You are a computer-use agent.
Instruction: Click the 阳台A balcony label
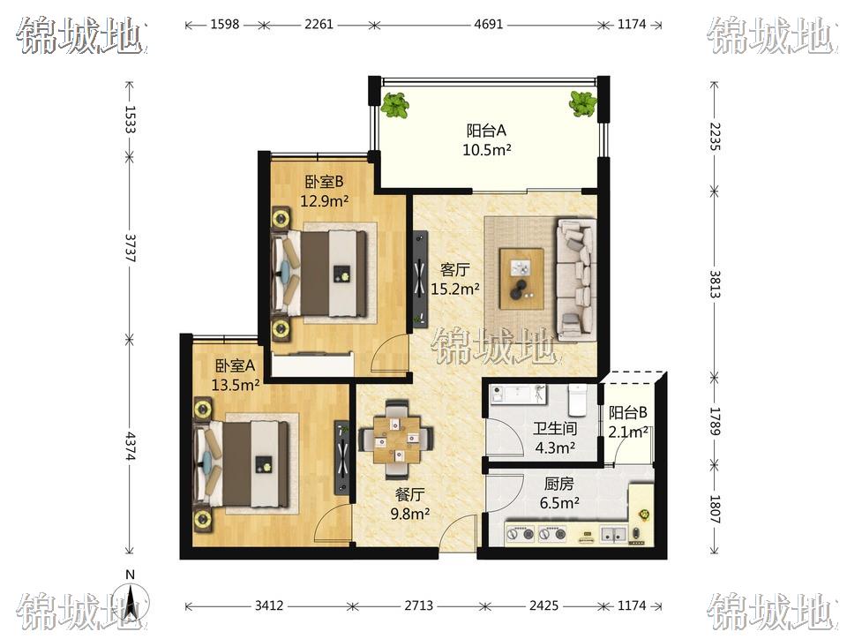[486, 131]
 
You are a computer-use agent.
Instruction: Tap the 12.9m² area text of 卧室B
[324, 201]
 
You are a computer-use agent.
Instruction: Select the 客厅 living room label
[454, 269]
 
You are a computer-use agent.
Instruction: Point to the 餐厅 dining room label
[410, 494]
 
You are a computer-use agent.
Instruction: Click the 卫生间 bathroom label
[555, 429]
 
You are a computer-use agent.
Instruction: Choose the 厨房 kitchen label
[559, 484]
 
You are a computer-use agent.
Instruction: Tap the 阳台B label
[627, 413]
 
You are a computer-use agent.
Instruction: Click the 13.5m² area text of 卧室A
[236, 385]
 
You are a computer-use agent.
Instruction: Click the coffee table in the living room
[521, 279]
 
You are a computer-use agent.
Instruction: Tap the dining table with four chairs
[396, 440]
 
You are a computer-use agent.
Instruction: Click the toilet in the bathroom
[577, 400]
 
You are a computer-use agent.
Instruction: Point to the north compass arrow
[131, 602]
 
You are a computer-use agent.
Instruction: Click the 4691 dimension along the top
[488, 25]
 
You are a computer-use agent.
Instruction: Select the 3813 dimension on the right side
[714, 284]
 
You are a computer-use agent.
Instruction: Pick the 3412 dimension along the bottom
[269, 605]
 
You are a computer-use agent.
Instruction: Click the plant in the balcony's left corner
[395, 105]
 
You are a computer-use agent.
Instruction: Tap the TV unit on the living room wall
[420, 279]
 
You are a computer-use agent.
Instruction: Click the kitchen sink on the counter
[613, 534]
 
